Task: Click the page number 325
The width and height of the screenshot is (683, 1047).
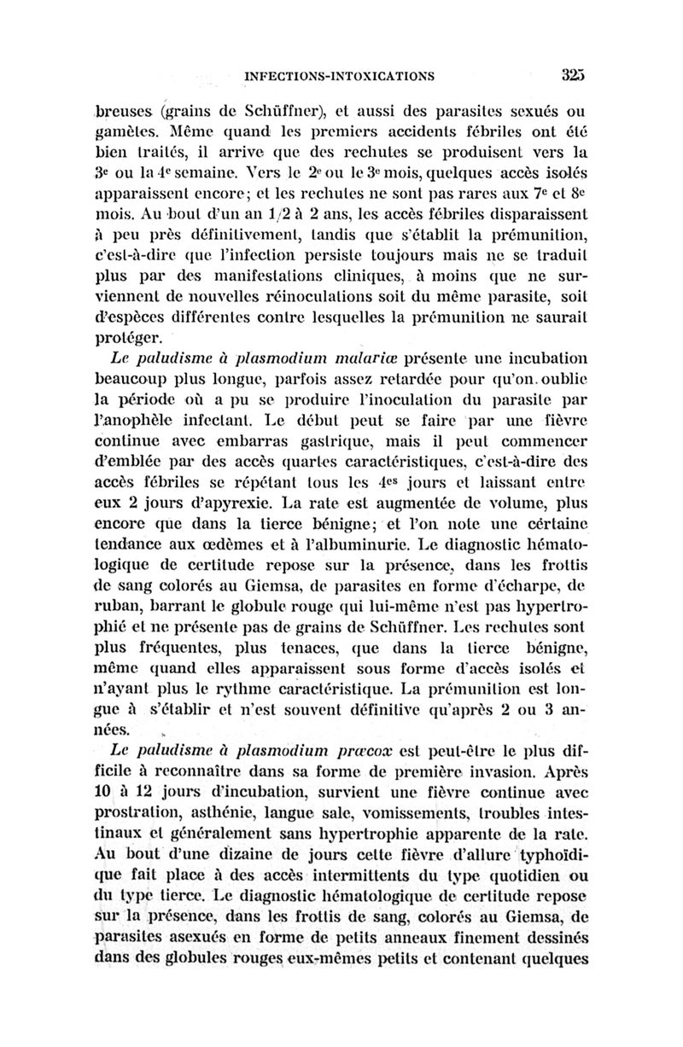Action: pyautogui.click(x=576, y=74)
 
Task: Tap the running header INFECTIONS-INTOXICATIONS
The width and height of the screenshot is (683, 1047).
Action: pyautogui.click(x=340, y=76)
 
